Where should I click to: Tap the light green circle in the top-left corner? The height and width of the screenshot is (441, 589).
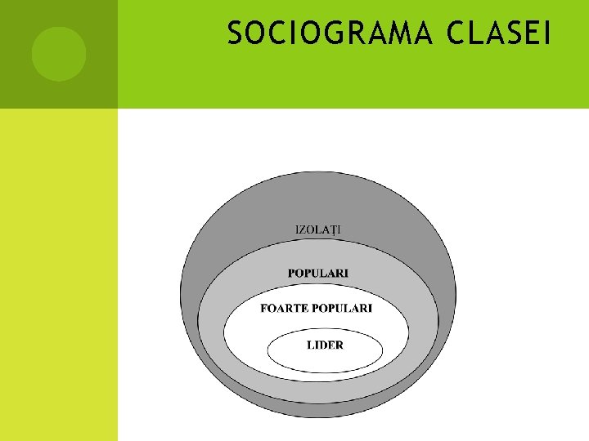point(59,54)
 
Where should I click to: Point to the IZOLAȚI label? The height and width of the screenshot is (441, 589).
point(318,228)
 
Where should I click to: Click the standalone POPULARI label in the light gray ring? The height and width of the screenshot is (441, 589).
point(318,273)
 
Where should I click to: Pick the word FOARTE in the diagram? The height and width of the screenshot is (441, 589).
point(284,308)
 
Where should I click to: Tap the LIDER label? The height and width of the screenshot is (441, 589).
point(325,345)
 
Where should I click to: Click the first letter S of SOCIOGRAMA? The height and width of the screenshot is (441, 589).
point(235,34)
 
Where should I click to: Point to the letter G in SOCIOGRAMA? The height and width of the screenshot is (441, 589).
point(335,34)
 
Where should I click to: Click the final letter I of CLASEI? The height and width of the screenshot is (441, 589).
point(548,34)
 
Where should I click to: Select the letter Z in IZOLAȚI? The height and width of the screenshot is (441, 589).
point(303,228)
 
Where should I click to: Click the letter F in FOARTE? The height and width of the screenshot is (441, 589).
point(264,308)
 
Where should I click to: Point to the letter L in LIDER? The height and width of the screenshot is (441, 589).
point(310,345)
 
